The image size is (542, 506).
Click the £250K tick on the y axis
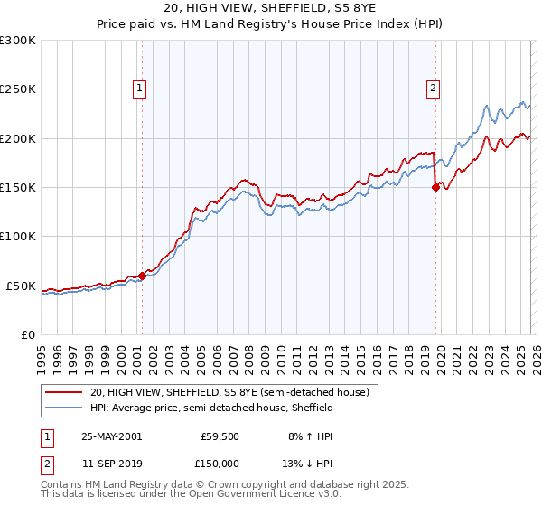click(x=18, y=89)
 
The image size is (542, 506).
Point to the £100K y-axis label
click(x=18, y=237)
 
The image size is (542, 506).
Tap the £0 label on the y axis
click(x=29, y=334)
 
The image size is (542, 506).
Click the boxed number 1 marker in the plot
click(x=141, y=88)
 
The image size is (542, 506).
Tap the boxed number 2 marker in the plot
click(x=434, y=88)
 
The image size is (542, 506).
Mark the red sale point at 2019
click(x=435, y=188)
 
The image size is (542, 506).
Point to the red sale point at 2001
click(x=143, y=276)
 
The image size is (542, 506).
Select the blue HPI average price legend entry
click(x=211, y=408)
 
